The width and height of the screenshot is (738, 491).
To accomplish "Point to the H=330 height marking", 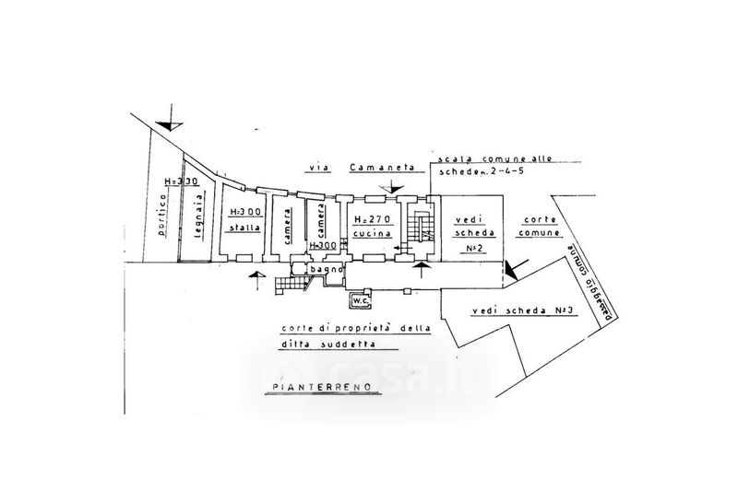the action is [x=176, y=182].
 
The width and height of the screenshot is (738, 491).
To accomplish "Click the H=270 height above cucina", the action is [x=373, y=218].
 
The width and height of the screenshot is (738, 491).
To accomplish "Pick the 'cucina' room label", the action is [x=373, y=235].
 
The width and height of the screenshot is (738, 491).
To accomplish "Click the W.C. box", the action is [x=357, y=298].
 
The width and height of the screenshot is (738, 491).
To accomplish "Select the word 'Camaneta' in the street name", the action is [x=375, y=169].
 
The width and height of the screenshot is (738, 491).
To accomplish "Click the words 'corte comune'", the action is [x=542, y=228].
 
